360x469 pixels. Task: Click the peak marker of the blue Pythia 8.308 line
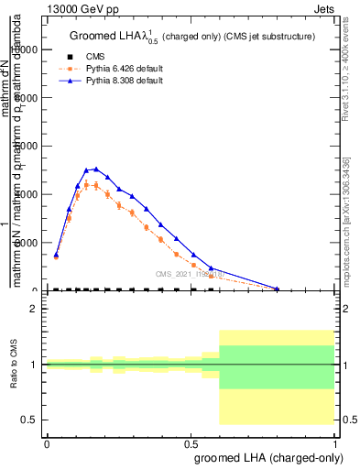(x=96, y=169)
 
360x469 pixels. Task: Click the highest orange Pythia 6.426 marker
(x=87, y=184)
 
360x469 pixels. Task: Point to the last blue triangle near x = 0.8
(x=278, y=289)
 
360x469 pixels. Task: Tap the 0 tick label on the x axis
(x=47, y=443)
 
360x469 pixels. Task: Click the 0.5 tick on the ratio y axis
(x=28, y=420)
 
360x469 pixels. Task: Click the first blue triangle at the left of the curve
(x=56, y=256)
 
